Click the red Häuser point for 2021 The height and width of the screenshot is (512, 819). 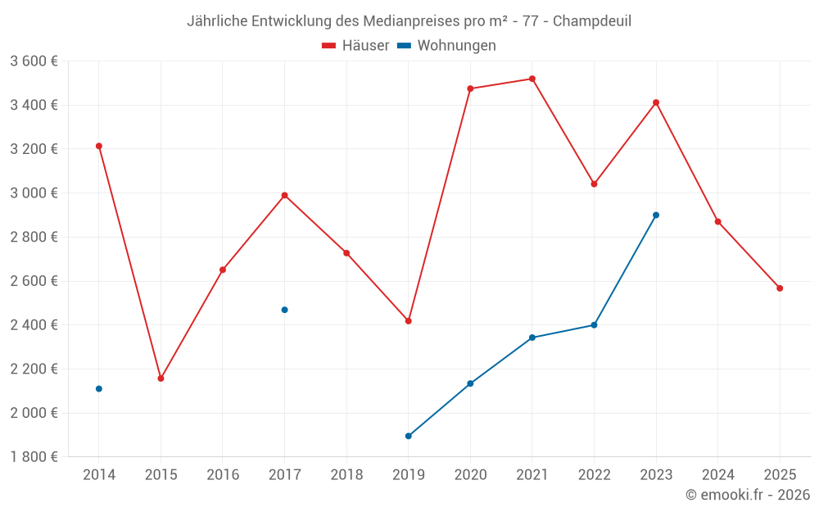[x=532, y=79]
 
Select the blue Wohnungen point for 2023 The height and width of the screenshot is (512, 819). [x=656, y=215]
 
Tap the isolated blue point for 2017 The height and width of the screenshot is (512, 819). [x=284, y=310]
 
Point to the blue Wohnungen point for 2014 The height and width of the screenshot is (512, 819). [x=99, y=388]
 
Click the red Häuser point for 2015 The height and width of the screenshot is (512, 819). [x=161, y=378]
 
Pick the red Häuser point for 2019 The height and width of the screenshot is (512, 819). [x=408, y=321]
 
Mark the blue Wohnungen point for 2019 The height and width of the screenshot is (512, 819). [x=408, y=436]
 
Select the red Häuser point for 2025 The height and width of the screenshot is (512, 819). [x=780, y=288]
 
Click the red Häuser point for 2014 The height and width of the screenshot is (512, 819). [x=99, y=146]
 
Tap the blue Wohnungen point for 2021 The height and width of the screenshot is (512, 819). [x=532, y=338]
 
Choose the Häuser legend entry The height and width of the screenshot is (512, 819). [x=355, y=46]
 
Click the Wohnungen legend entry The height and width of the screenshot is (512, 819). [x=447, y=46]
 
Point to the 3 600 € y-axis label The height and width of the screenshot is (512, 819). [x=34, y=61]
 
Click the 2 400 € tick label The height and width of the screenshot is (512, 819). [x=34, y=325]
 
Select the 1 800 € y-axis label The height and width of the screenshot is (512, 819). [x=34, y=457]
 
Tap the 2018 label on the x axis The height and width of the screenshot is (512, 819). [x=346, y=475]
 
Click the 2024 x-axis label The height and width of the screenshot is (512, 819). [x=717, y=475]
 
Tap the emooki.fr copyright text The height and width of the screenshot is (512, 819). [x=747, y=495]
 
